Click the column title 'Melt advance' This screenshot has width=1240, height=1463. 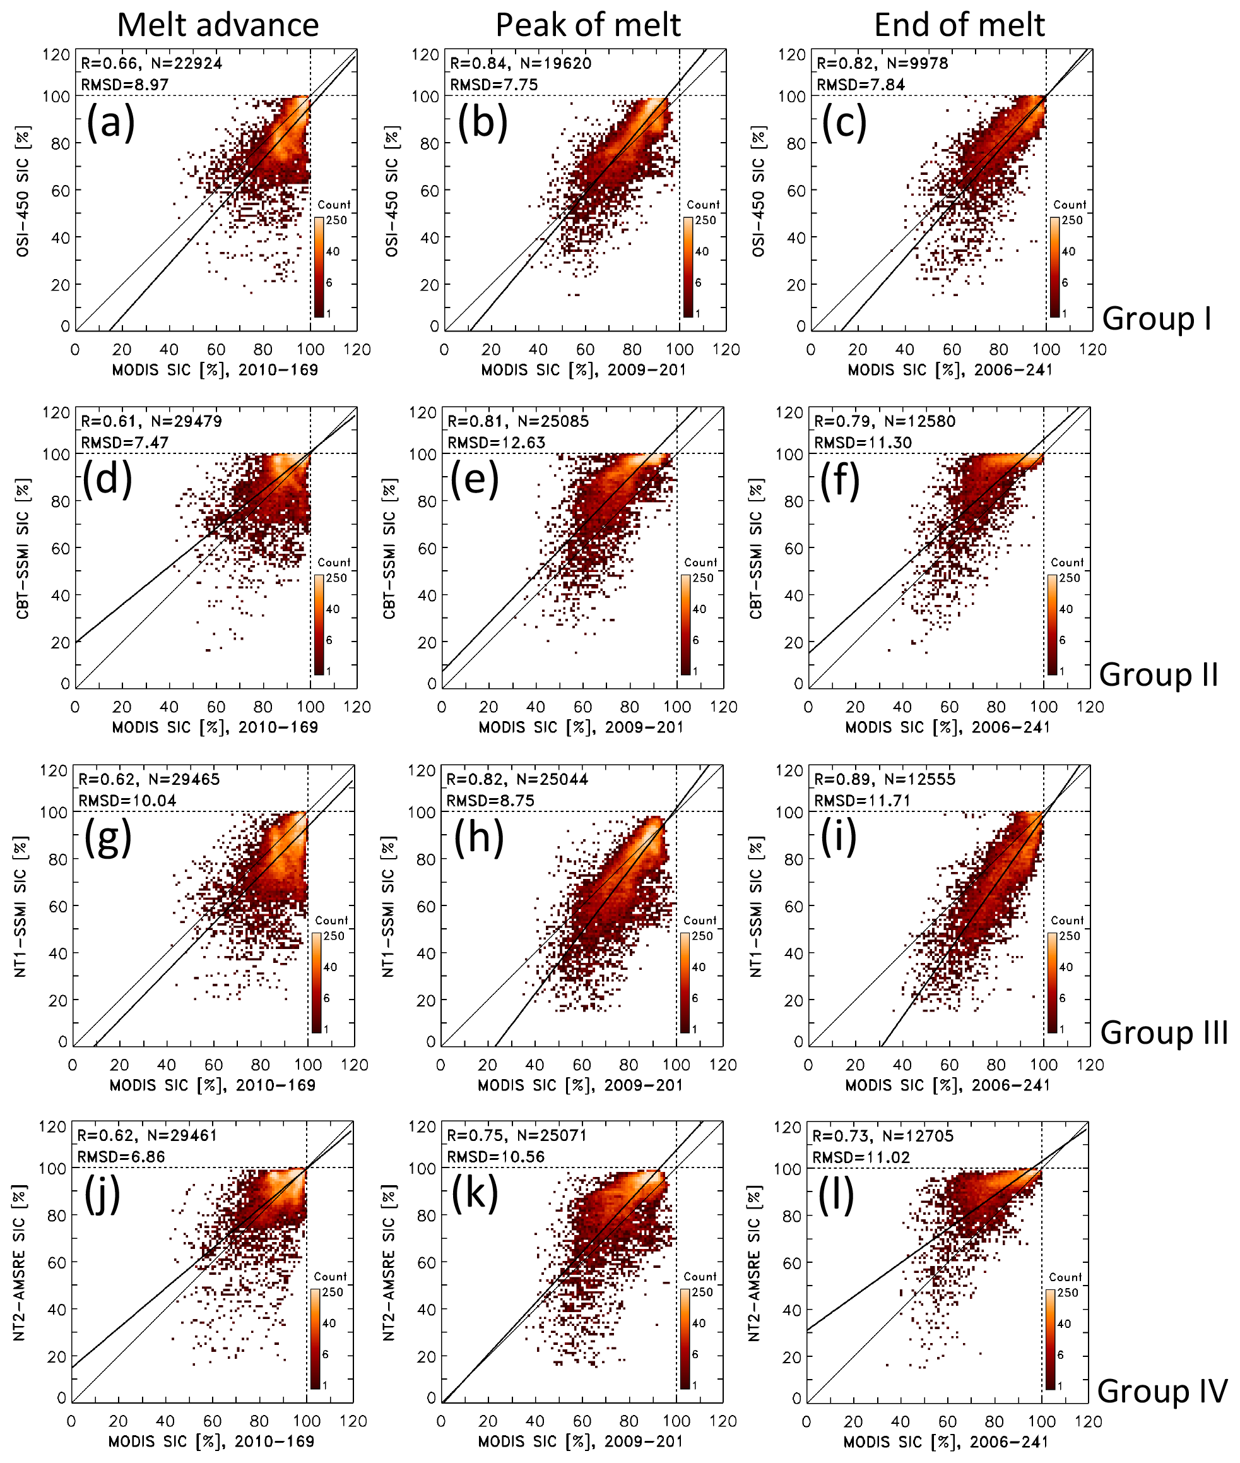pyautogui.click(x=218, y=25)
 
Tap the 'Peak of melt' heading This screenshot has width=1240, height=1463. pyautogui.click(x=588, y=25)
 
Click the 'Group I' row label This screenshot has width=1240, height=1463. pyautogui.click(x=1156, y=319)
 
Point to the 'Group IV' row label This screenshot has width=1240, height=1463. pyautogui.click(x=1161, y=1391)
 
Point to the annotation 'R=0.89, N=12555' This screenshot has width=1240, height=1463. pyautogui.click(x=884, y=779)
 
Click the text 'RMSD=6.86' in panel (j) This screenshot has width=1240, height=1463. pyautogui.click(x=121, y=1157)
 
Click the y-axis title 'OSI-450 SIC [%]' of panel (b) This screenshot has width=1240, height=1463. pyautogui.click(x=391, y=191)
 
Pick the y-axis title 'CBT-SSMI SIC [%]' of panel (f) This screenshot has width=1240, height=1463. pyautogui.click(x=755, y=549)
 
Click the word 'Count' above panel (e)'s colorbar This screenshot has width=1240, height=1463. pyautogui.click(x=700, y=563)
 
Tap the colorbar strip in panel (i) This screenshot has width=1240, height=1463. pyautogui.click(x=1053, y=982)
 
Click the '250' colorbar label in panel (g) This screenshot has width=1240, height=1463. pyautogui.click(x=334, y=936)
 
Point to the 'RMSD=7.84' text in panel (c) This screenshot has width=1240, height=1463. pyautogui.click(x=860, y=85)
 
